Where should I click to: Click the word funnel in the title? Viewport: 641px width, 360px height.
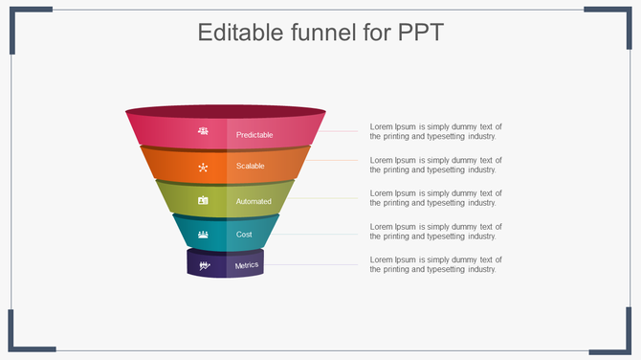(x=327, y=33)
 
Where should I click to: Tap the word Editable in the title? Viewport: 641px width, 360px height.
(x=240, y=33)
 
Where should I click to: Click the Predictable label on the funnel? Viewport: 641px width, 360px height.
(x=254, y=135)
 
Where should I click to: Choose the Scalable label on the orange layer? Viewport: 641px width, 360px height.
(x=251, y=167)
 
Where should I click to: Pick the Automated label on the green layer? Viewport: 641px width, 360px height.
(x=254, y=201)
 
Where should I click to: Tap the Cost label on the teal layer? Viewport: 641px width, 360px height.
(x=244, y=234)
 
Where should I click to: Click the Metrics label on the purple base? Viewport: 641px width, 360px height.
(x=247, y=265)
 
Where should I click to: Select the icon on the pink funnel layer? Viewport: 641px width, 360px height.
(x=203, y=131)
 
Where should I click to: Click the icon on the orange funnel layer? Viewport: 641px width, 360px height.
(x=203, y=167)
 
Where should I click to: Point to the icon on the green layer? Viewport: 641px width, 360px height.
(x=203, y=201)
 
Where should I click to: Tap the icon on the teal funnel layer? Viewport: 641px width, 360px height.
(x=203, y=234)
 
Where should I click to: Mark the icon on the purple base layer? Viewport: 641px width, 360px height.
(x=203, y=265)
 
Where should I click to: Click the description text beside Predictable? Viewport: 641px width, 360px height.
(x=435, y=132)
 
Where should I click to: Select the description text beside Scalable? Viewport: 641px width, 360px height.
(x=435, y=165)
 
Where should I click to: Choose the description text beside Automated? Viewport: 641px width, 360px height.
(x=435, y=198)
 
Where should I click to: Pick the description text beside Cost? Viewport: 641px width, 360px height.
(x=435, y=231)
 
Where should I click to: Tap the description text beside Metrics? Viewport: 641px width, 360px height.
(x=435, y=264)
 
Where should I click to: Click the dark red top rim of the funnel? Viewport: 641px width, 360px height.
(x=226, y=111)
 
